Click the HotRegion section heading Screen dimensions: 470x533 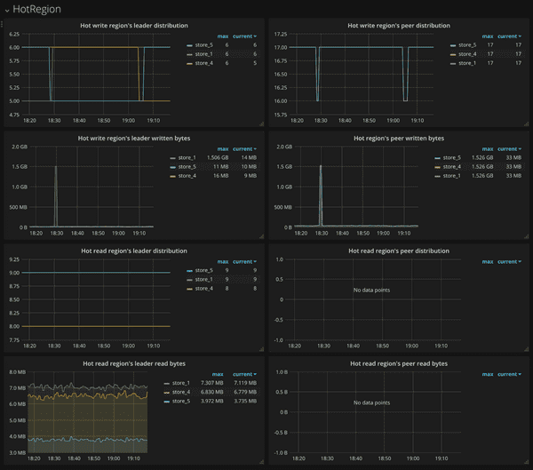[x=37, y=8]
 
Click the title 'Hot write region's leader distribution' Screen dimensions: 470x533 [x=133, y=26]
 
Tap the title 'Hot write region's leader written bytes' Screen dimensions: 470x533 [x=133, y=138]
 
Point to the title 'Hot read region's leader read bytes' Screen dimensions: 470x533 [x=133, y=363]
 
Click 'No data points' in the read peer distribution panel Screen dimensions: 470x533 [x=371, y=290]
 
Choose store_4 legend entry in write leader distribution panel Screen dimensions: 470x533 [x=203, y=63]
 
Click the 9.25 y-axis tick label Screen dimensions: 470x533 [x=14, y=259]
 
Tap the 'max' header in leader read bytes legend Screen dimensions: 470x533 [x=218, y=374]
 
